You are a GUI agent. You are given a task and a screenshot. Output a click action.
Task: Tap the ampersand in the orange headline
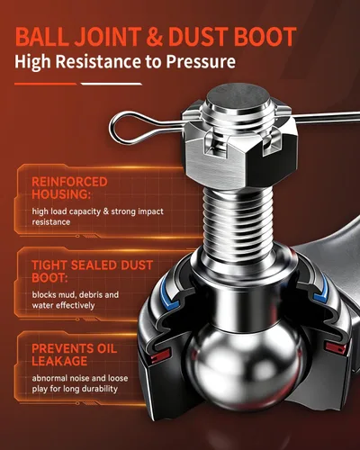(155, 37)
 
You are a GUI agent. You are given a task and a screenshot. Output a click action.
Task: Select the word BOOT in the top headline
(265, 37)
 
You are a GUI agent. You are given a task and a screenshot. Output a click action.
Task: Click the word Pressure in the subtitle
(201, 62)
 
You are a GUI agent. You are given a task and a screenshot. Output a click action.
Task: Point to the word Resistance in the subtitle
(98, 61)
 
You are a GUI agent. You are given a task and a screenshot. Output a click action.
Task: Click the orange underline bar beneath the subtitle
(45, 84)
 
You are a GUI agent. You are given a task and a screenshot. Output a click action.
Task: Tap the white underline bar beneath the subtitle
(112, 84)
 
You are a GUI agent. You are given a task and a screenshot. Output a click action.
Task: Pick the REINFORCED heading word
(69, 182)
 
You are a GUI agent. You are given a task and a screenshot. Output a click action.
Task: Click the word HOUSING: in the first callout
(61, 194)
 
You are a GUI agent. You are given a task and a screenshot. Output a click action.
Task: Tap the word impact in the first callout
(150, 211)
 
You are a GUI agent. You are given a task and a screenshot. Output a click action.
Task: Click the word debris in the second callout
(90, 295)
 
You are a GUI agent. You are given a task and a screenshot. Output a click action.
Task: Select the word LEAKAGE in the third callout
(59, 361)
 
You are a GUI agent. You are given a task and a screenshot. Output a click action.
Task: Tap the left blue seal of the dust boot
(167, 292)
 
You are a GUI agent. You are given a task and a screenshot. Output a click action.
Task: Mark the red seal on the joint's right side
(336, 347)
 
